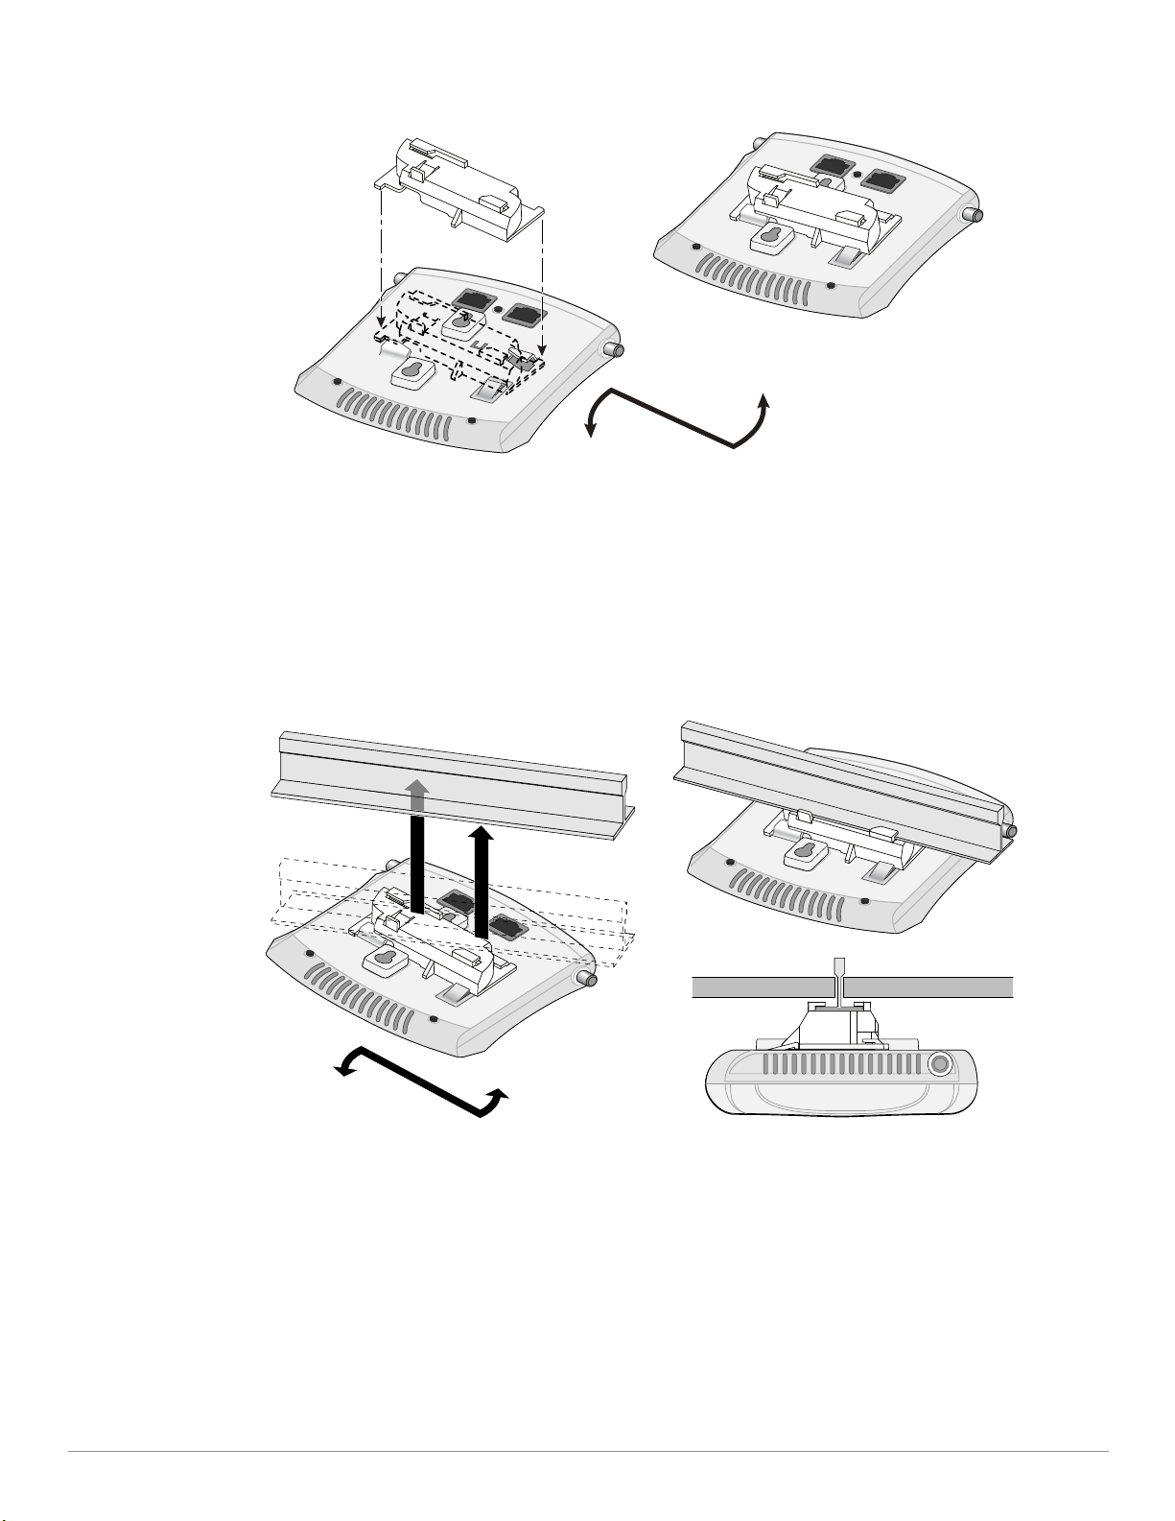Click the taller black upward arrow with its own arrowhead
coord(481,883)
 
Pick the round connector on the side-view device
coord(940,1063)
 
